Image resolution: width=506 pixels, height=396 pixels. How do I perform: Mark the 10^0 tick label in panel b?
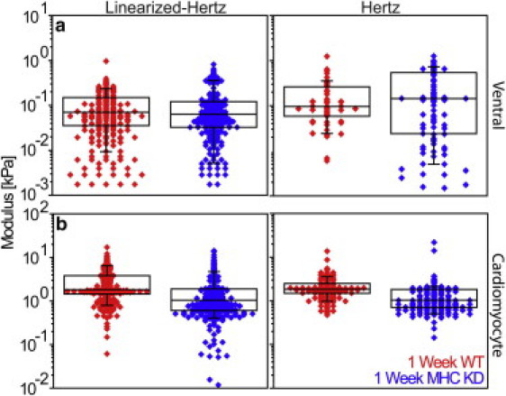[38, 301]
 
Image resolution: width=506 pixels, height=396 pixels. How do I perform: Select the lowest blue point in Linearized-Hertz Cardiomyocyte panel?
[212, 383]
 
